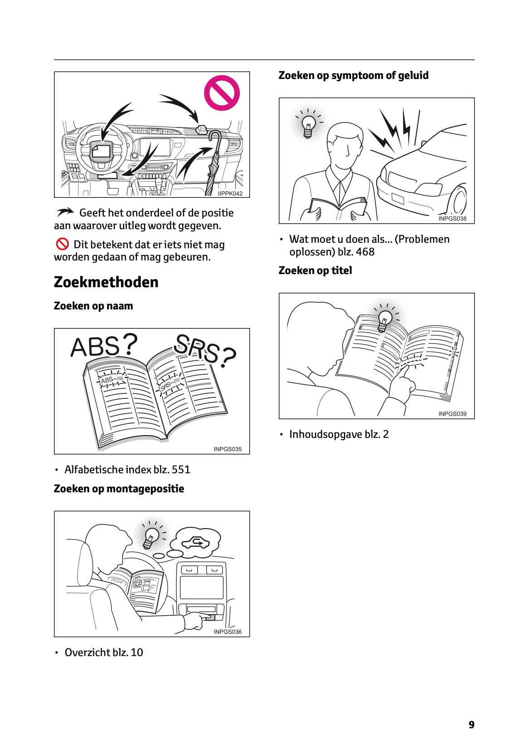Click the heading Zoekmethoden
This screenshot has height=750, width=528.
pyautogui.click(x=106, y=282)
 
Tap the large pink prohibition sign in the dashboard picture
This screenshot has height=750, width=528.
pyautogui.click(x=222, y=93)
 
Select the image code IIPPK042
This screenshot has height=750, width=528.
pyautogui.click(x=230, y=193)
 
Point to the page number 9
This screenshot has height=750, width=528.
pyautogui.click(x=471, y=725)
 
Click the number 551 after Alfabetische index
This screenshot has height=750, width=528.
pyautogui.click(x=181, y=470)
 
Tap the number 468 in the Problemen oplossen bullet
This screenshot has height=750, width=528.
pyautogui.click(x=365, y=252)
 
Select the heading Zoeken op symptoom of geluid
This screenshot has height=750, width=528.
pyautogui.click(x=354, y=75)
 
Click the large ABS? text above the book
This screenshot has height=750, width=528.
pyautogui.click(x=103, y=346)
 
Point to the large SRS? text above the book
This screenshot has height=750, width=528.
pyautogui.click(x=204, y=350)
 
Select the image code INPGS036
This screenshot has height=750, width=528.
pyautogui.click(x=228, y=632)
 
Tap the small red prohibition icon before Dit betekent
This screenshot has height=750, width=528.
pyautogui.click(x=62, y=244)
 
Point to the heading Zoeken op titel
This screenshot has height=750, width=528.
pyautogui.click(x=315, y=270)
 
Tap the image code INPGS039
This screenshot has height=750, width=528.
pyautogui.click(x=452, y=414)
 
